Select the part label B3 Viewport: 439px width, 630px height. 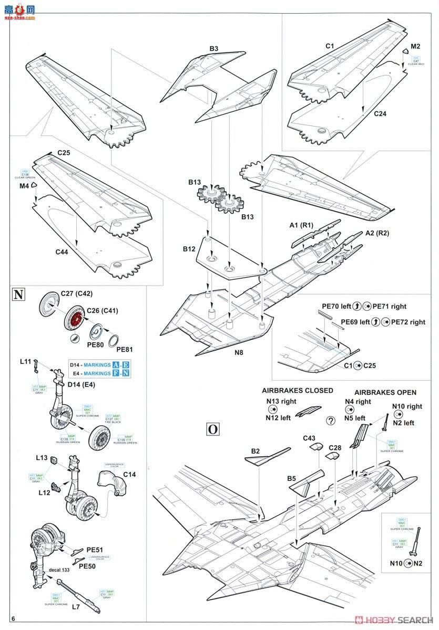[x=214, y=49]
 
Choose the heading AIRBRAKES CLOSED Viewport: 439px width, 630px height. [x=298, y=391]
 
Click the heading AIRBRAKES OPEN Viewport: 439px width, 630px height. [x=385, y=392]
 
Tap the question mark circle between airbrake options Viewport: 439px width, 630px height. [x=331, y=421]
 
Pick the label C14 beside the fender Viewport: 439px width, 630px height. [x=129, y=475]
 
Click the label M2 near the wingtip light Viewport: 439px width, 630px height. [x=416, y=46]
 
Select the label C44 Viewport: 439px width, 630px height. [x=63, y=253]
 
